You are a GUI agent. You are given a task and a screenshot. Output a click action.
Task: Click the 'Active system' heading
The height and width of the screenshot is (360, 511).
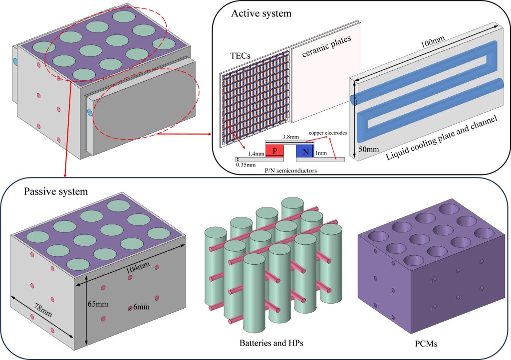click(260, 13)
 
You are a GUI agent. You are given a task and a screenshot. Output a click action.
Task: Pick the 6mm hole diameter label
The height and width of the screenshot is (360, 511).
click(143, 308)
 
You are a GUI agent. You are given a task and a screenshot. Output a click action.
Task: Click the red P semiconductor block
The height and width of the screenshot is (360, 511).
click(274, 151)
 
